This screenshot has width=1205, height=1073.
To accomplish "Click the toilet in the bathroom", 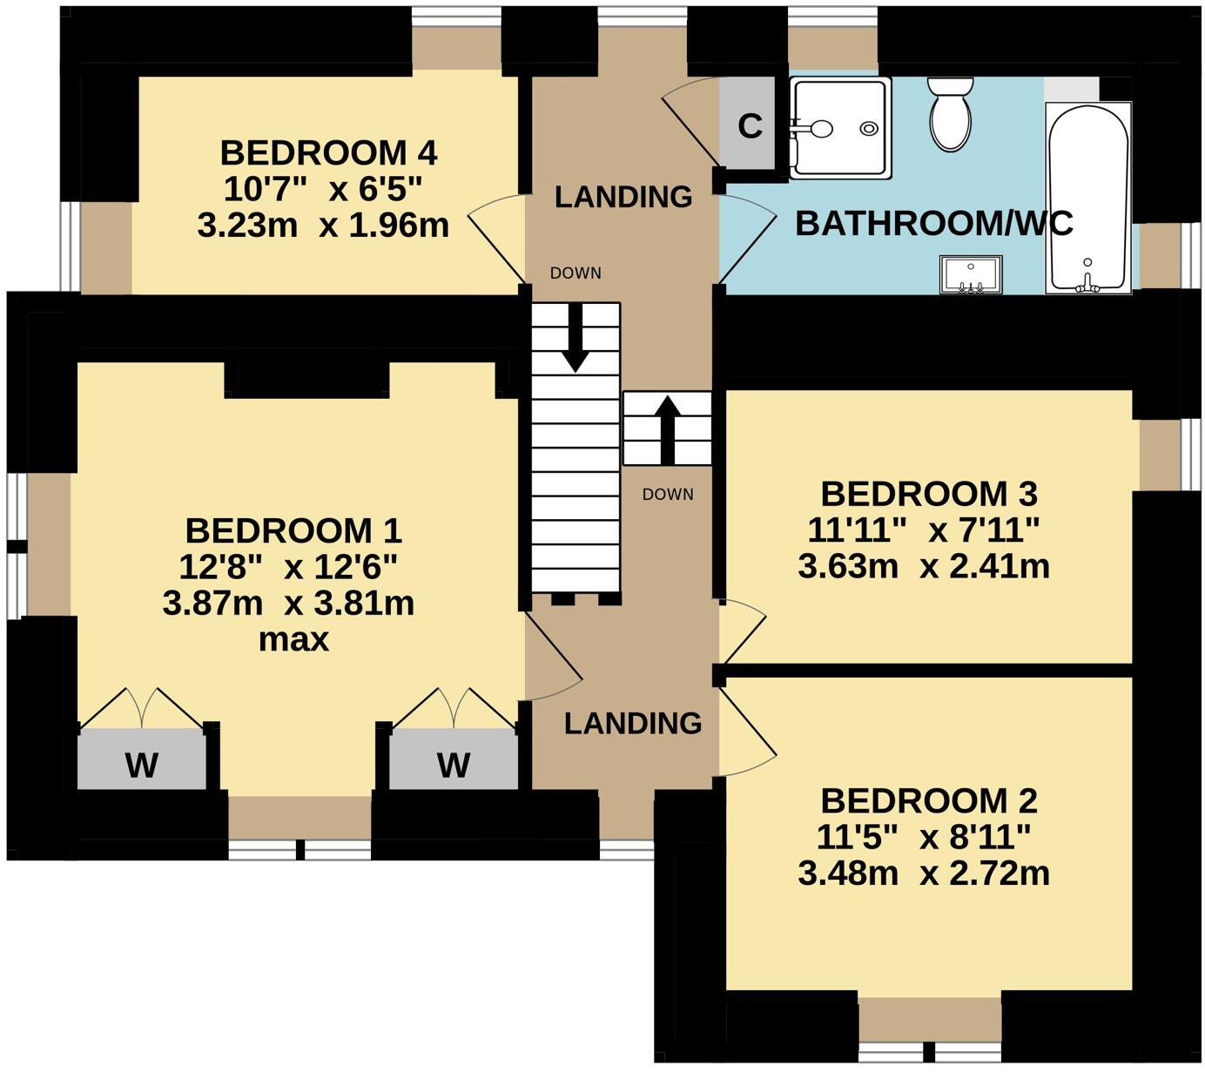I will point(950,117).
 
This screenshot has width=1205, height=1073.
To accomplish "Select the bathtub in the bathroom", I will point(1088,196).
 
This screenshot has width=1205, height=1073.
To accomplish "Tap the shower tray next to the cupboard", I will point(840,128).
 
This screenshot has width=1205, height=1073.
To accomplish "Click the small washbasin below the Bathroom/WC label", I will point(971,274).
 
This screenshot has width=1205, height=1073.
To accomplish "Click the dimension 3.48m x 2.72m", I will point(923,873).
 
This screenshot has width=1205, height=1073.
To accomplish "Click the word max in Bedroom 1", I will point(293,640).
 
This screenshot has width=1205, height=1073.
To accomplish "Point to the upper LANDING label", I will point(623,197).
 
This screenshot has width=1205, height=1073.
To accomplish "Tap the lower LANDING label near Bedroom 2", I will point(633,723).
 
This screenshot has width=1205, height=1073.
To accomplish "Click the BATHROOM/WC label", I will point(933,224).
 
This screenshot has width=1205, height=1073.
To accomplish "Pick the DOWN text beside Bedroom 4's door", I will point(576,273).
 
